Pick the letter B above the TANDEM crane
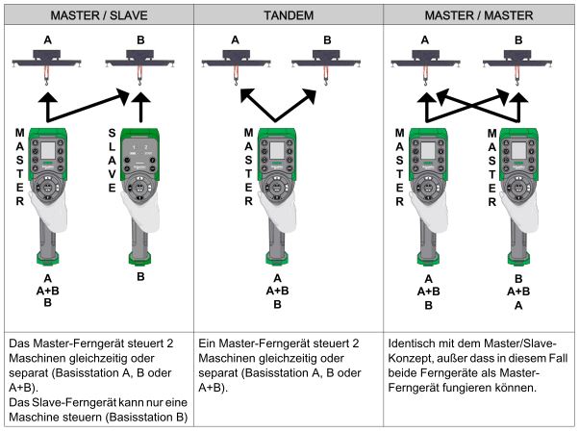pyautogui.click(x=326, y=40)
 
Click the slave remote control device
pyautogui.click(x=140, y=192)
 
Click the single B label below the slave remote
pyautogui.click(x=141, y=275)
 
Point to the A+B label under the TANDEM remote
pyautogui.click(x=277, y=291)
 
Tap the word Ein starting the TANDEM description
pyautogui.click(x=209, y=343)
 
